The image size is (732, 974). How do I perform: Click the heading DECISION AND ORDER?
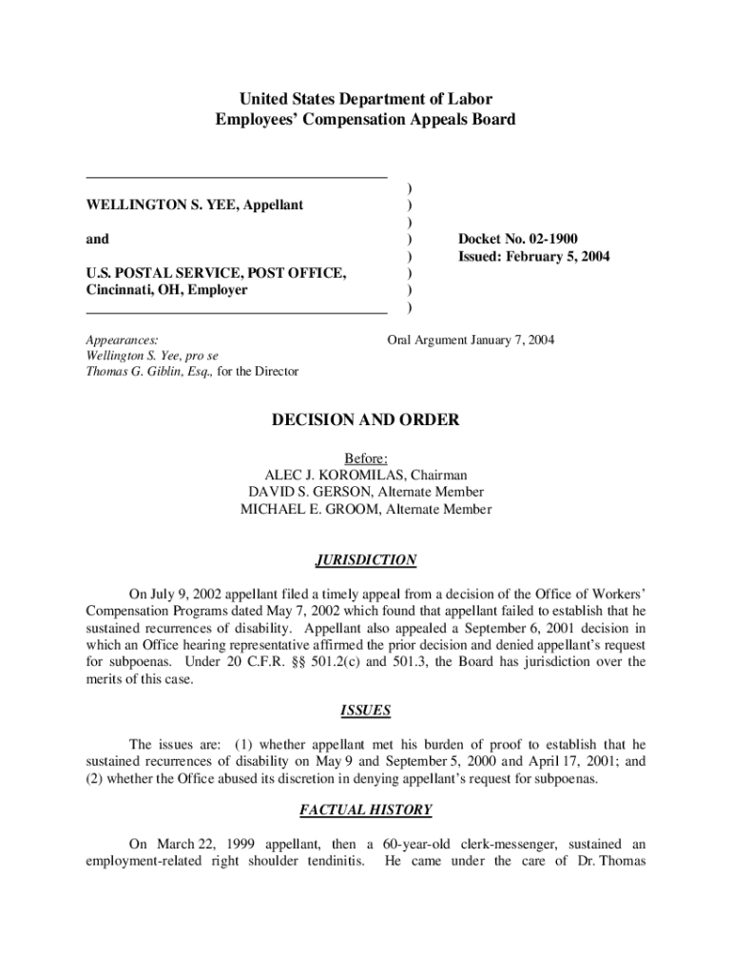point(366,419)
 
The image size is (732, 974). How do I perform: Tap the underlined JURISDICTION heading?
point(366,560)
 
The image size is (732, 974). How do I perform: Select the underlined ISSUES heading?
point(366,710)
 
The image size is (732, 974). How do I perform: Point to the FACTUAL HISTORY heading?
point(366,810)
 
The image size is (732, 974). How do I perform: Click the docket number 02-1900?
point(552,240)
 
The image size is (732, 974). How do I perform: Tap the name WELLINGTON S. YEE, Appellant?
point(195,205)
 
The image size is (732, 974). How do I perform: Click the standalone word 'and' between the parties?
point(97,240)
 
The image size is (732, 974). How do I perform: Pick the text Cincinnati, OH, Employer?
point(166,290)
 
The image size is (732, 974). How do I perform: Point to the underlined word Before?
point(366,458)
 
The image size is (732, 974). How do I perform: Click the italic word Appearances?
point(122,339)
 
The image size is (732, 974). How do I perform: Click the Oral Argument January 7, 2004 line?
point(471,339)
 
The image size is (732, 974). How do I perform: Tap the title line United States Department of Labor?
point(366,99)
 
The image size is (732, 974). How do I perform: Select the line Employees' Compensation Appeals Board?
point(366,119)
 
